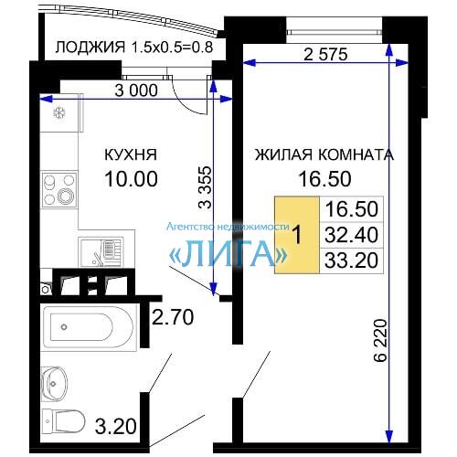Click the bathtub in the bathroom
coord(88,327)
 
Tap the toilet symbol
coord(63,421)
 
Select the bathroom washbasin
coord(54,383)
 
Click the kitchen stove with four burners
coord(59,189)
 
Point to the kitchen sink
coord(101,252)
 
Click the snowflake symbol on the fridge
coord(59,113)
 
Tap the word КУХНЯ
coord(131,154)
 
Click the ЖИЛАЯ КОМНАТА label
coord(324,154)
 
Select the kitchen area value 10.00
coord(131,178)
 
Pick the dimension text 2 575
coord(325,55)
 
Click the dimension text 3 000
coord(136,90)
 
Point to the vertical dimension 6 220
coord(380,340)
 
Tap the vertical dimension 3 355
coord(205,187)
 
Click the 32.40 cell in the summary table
coord(351,235)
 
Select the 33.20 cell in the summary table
coord(351,260)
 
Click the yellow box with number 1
coord(297,235)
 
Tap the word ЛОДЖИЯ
coord(90,48)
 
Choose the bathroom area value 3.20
coord(115,426)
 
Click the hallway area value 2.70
coord(173,317)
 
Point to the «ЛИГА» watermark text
coord(228,253)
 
